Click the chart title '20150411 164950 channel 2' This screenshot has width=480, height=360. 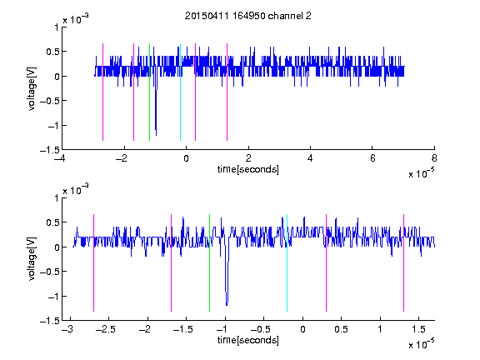pyautogui.click(x=248, y=16)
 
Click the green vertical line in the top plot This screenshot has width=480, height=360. pyautogui.click(x=149, y=92)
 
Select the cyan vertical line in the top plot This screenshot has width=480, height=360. pyautogui.click(x=180, y=92)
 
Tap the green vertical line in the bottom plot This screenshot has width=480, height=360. pyautogui.click(x=209, y=263)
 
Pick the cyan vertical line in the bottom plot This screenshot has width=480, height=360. pyautogui.click(x=287, y=263)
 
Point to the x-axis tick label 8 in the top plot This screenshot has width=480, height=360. pyautogui.click(x=434, y=158)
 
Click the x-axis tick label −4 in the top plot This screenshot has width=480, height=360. pyautogui.click(x=60, y=158)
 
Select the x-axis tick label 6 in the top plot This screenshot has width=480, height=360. pyautogui.click(x=372, y=158)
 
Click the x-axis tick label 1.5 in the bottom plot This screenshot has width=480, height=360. pyautogui.click(x=419, y=329)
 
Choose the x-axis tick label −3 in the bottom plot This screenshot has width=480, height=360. pyautogui.click(x=67, y=329)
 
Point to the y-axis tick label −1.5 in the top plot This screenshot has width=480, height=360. pyautogui.click(x=50, y=150)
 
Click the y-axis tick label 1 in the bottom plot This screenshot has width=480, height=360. pyautogui.click(x=57, y=198)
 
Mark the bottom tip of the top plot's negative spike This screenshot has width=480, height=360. pyautogui.click(x=156, y=135)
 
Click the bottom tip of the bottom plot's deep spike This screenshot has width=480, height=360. pyautogui.click(x=227, y=305)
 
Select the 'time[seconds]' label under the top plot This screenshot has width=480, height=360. pyautogui.click(x=248, y=169)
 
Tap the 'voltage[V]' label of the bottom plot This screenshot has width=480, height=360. pyautogui.click(x=32, y=259)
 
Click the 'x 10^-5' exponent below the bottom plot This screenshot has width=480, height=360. pyautogui.click(x=421, y=344)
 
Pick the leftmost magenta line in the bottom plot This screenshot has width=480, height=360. pyautogui.click(x=93, y=263)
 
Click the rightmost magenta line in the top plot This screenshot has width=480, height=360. pyautogui.click(x=227, y=92)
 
